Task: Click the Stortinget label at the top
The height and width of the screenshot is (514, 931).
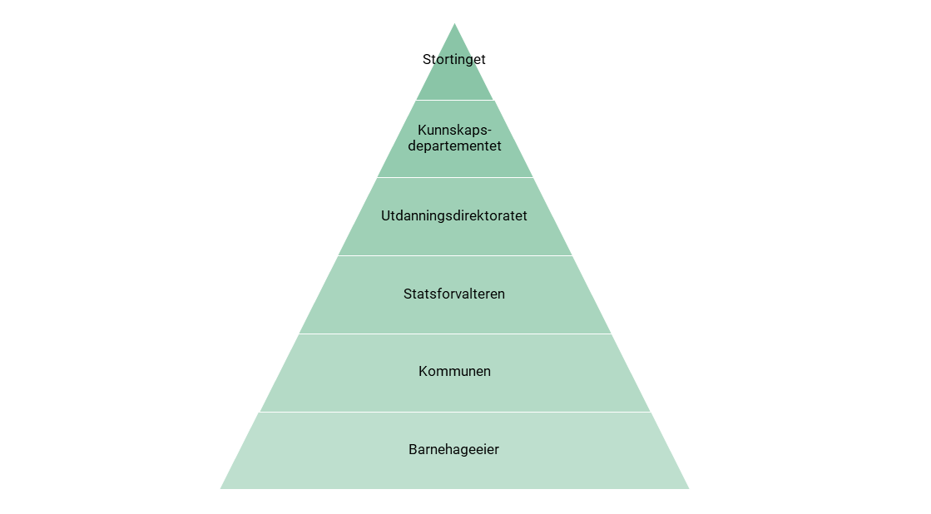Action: click(454, 60)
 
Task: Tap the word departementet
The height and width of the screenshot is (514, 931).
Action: click(454, 146)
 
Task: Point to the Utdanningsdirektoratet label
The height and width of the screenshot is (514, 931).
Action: click(454, 216)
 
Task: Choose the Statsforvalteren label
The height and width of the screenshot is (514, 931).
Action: click(454, 294)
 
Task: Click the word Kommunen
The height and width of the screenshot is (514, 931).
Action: click(454, 372)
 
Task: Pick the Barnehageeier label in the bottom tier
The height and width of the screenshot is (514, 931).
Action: click(454, 450)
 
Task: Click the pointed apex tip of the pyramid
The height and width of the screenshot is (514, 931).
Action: click(454, 25)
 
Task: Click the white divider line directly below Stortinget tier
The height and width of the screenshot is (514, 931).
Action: click(454, 100)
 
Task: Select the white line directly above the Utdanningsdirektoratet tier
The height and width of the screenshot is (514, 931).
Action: click(454, 177)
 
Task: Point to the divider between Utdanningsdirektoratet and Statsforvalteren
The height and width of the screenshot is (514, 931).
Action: click(454, 255)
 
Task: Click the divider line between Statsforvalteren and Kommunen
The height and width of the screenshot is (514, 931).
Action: click(454, 334)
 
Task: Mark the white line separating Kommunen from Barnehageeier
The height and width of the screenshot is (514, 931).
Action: click(454, 412)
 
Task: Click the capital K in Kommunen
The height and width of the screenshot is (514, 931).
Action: click(423, 372)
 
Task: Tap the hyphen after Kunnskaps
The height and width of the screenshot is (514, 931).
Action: click(489, 131)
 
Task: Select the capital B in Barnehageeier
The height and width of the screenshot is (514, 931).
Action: click(413, 450)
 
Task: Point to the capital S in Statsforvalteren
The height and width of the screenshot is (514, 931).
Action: click(408, 294)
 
